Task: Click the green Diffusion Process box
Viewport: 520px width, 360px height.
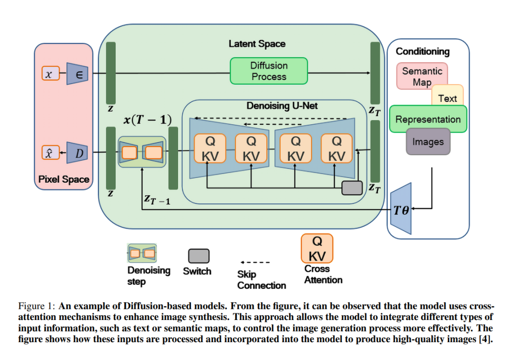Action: pos(269,71)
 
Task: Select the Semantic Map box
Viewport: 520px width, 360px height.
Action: pos(422,76)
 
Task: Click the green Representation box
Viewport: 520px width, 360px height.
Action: pos(428,119)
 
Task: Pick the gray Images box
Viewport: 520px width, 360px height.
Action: pos(428,142)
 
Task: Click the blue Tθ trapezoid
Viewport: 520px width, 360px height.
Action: pos(401,209)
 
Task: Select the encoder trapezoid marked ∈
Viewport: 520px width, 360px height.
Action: pos(77,74)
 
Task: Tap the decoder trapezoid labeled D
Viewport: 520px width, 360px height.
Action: pos(77,153)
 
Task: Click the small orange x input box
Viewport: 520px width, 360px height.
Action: pos(51,73)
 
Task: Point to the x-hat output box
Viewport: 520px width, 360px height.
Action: pos(51,153)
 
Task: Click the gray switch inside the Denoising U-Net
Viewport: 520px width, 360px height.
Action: pos(352,188)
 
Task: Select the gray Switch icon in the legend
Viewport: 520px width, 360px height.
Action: pos(199,256)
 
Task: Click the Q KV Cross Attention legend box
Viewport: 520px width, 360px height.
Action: pos(317,249)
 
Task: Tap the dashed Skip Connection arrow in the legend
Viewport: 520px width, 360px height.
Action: pos(255,263)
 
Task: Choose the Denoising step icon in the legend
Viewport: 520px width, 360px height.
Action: pos(142,253)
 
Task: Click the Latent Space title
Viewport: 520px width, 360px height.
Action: pos(257,44)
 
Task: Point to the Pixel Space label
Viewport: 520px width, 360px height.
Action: pos(64,179)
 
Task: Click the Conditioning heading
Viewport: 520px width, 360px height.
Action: pos(423,52)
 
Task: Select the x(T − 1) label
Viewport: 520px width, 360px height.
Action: pos(148,120)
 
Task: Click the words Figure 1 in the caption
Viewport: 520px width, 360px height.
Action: pos(37,306)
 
